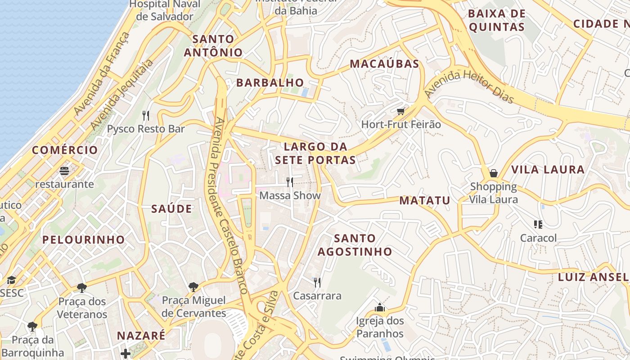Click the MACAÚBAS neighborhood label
pyautogui.click(x=384, y=64)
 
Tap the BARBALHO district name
pyautogui.click(x=270, y=83)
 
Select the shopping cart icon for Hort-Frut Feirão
pyautogui.click(x=400, y=111)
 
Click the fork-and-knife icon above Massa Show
pyautogui.click(x=290, y=182)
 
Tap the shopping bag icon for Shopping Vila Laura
pyautogui.click(x=494, y=173)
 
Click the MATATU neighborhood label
pyautogui.click(x=425, y=201)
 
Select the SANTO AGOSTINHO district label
pyautogui.click(x=355, y=245)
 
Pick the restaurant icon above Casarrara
pyautogui.click(x=317, y=282)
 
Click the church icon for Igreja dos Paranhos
pyautogui.click(x=380, y=308)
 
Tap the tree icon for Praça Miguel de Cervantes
pyautogui.click(x=193, y=287)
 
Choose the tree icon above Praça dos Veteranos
pyautogui.click(x=82, y=288)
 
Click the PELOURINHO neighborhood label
pyautogui.click(x=83, y=240)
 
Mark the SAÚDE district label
pyautogui.click(x=171, y=209)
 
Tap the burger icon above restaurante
pyautogui.click(x=65, y=171)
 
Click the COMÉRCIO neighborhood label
pyautogui.click(x=65, y=150)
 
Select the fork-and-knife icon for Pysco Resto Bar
pyautogui.click(x=145, y=116)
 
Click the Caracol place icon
pyautogui.click(x=538, y=224)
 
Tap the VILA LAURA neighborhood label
pyautogui.click(x=548, y=170)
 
